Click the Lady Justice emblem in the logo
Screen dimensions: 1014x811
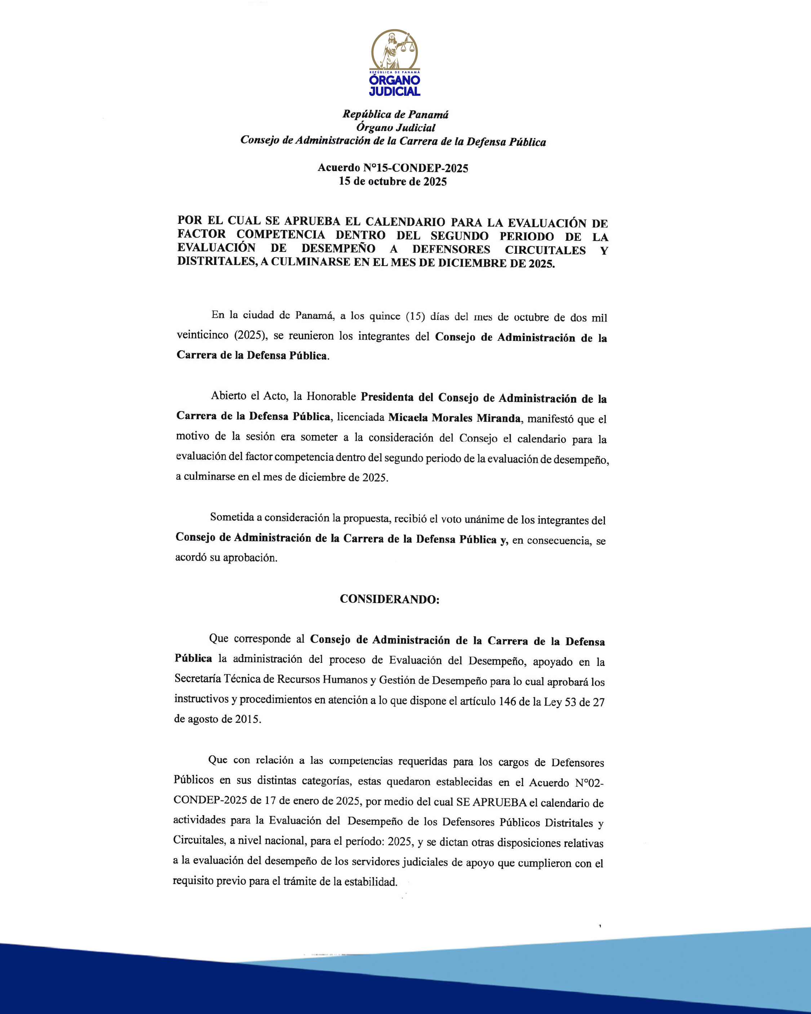[x=394, y=50]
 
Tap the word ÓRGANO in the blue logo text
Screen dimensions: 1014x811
[x=394, y=81]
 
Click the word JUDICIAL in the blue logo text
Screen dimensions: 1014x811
[x=394, y=92]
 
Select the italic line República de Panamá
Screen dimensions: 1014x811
[x=395, y=114]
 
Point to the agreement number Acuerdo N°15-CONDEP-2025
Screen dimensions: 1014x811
[x=393, y=168]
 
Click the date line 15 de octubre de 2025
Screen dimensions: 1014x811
[x=393, y=182]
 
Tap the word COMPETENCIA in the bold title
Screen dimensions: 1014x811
[x=281, y=234]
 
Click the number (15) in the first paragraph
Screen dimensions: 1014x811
[x=415, y=316]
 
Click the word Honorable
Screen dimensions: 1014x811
[x=331, y=397]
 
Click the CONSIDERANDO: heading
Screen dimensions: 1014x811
[x=390, y=599]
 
